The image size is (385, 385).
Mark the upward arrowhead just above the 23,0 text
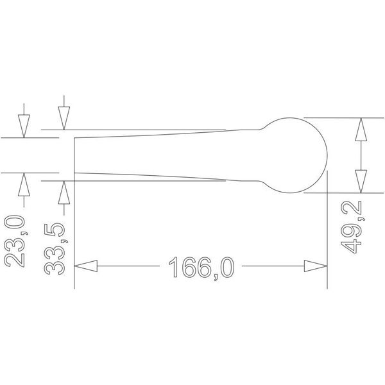click(x=24, y=185)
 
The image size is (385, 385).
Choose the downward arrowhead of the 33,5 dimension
click(x=64, y=117)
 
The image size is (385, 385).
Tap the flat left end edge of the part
click(x=75, y=154)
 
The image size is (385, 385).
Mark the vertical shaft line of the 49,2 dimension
click(x=361, y=155)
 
